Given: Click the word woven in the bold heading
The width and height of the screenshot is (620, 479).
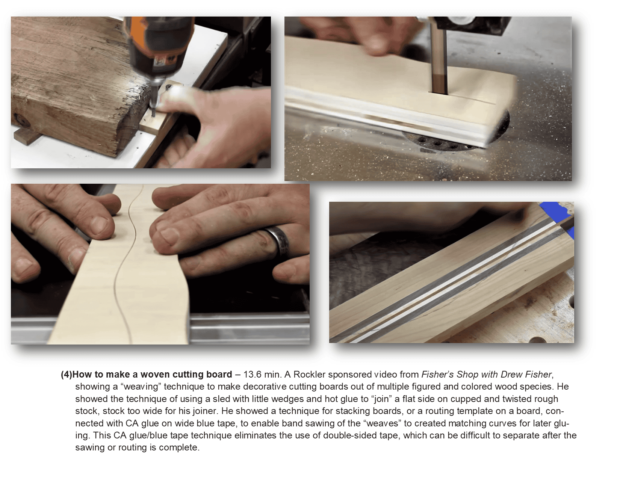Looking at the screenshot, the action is [155, 374].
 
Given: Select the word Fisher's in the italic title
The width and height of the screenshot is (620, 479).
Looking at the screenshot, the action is [438, 374].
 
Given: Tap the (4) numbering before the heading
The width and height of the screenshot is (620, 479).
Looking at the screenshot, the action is [67, 375].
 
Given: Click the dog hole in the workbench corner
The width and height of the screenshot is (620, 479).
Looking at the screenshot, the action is [537, 340].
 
